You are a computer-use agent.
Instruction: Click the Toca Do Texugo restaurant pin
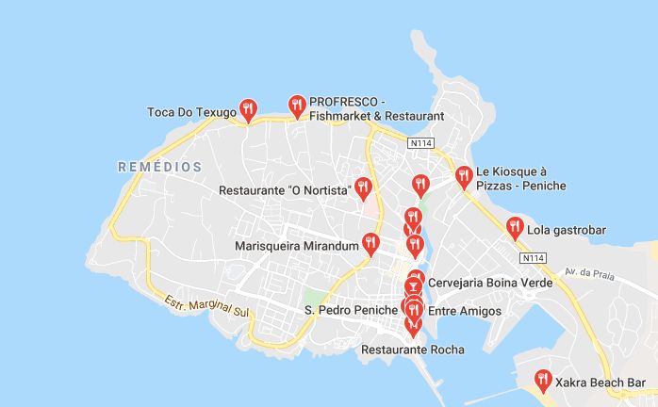(x=248, y=109)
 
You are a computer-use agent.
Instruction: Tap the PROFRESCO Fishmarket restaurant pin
(x=297, y=106)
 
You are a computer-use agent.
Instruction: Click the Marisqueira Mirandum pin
(x=370, y=244)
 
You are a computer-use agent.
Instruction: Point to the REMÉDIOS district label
(x=160, y=167)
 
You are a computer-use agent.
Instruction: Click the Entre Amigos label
(x=465, y=311)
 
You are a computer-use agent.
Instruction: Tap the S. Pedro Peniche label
(x=351, y=310)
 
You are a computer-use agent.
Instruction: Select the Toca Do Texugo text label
(x=190, y=113)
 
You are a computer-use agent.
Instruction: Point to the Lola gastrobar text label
(x=567, y=230)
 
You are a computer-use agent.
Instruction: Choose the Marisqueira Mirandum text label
(x=298, y=246)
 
